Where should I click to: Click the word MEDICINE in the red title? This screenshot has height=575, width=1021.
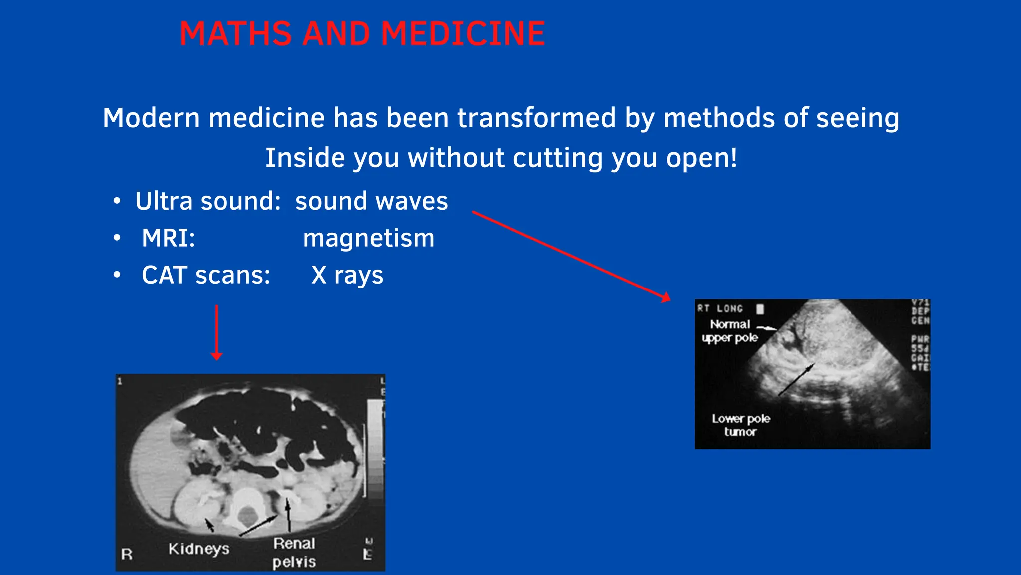pyautogui.click(x=463, y=34)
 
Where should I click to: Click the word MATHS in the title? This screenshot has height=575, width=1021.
pyautogui.click(x=235, y=34)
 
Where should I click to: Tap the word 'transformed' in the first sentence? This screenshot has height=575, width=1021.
pyautogui.click(x=536, y=118)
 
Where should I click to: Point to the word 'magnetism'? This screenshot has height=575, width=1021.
pyautogui.click(x=368, y=238)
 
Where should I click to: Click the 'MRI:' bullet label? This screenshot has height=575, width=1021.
pyautogui.click(x=169, y=238)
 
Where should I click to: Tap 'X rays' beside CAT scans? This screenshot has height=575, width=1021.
pyautogui.click(x=347, y=275)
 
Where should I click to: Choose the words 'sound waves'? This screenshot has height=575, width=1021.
pyautogui.click(x=371, y=201)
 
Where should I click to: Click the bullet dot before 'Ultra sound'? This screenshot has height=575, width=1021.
pyautogui.click(x=117, y=201)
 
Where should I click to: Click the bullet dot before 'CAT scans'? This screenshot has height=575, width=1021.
pyautogui.click(x=117, y=275)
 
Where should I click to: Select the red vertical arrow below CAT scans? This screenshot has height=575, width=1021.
pyautogui.click(x=216, y=332)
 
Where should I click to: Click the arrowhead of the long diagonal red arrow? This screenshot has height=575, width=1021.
pyautogui.click(x=666, y=298)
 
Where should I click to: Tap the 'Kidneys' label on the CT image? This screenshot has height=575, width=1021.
pyautogui.click(x=199, y=549)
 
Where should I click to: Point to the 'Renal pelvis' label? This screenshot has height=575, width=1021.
pyautogui.click(x=294, y=552)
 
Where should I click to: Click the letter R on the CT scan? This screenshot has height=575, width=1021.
pyautogui.click(x=127, y=554)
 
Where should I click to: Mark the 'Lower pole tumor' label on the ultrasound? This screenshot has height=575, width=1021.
pyautogui.click(x=741, y=425)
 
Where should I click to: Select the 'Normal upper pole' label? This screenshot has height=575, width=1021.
pyautogui.click(x=730, y=331)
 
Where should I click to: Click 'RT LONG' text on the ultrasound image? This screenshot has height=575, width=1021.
pyautogui.click(x=720, y=308)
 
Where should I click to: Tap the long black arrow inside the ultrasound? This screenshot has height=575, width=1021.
pyautogui.click(x=796, y=380)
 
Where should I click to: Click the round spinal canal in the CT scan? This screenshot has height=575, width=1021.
pyautogui.click(x=246, y=515)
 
